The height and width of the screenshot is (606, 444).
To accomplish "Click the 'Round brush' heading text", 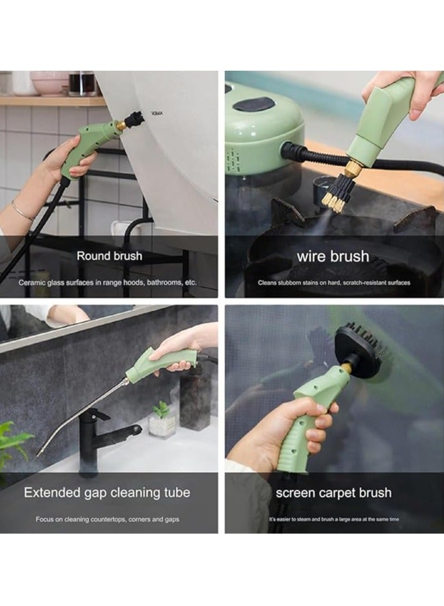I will click(x=109, y=256).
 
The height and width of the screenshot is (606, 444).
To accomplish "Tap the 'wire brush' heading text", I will click(x=332, y=256).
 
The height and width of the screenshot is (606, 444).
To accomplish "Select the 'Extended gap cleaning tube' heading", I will click(x=107, y=492).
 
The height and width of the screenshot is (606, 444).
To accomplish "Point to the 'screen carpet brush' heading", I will click(x=334, y=492).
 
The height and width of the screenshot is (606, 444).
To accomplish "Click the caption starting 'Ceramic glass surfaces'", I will click(x=108, y=282).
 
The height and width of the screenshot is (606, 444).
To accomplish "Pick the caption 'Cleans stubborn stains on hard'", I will click(x=334, y=282).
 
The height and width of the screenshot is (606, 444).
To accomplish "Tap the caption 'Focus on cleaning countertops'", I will click(x=107, y=519).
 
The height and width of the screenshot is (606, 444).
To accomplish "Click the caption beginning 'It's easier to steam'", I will click(x=334, y=519).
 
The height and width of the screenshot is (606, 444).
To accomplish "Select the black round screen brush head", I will click(x=357, y=347).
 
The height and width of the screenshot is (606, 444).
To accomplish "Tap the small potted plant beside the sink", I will click(x=161, y=420).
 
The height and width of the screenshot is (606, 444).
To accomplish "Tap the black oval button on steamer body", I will click(x=254, y=104).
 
